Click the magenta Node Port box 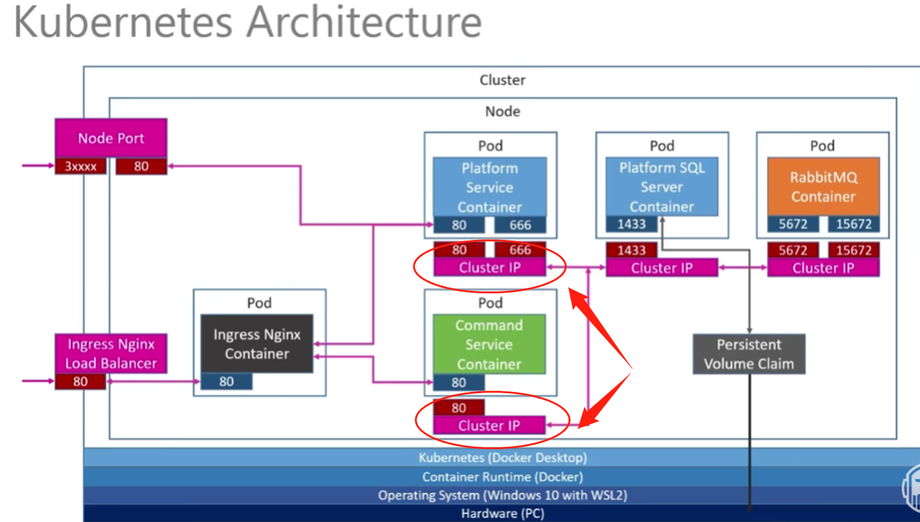[x=111, y=138]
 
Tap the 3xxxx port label [x=80, y=166]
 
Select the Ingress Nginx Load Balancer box [x=111, y=353]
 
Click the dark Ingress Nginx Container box [x=257, y=344]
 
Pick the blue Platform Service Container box [x=489, y=187]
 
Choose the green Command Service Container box [x=489, y=344]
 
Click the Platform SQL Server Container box [x=661, y=187]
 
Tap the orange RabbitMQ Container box [x=823, y=187]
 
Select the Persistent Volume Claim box [x=749, y=354]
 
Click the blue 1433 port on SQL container [x=631, y=224]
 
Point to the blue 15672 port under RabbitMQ [x=853, y=224]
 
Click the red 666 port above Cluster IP [x=520, y=250]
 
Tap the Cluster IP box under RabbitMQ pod [x=823, y=268]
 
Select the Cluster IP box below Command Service [x=489, y=425]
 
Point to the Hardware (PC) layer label [x=502, y=513]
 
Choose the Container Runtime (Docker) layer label [x=502, y=477]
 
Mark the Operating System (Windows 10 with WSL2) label [x=502, y=495]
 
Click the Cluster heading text [x=502, y=80]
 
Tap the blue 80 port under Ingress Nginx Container [x=227, y=381]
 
